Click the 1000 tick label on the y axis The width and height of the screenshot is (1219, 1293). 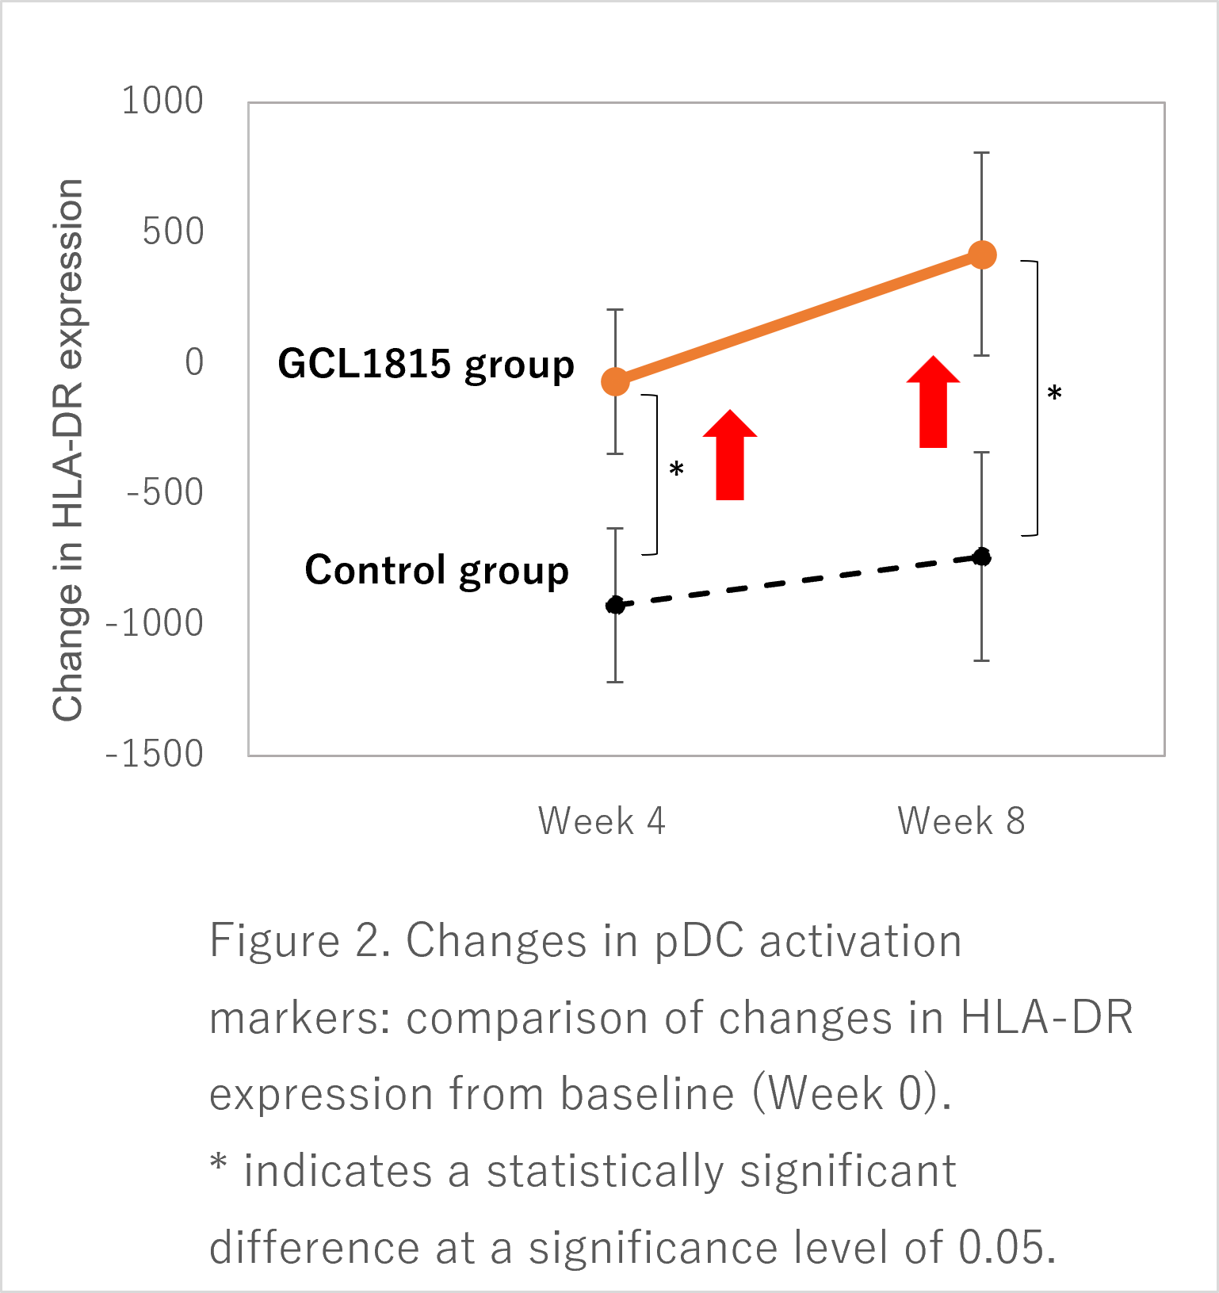(x=162, y=101)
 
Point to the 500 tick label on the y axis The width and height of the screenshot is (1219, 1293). (x=173, y=231)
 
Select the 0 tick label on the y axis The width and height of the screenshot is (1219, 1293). (x=194, y=362)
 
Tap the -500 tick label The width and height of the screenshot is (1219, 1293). (x=165, y=492)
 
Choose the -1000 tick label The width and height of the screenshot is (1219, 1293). (x=155, y=623)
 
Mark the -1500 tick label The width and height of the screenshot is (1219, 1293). (x=155, y=754)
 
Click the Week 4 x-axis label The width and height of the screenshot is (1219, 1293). (x=602, y=821)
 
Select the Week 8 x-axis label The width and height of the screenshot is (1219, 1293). (x=961, y=821)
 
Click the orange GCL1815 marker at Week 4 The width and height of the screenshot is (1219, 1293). (x=615, y=381)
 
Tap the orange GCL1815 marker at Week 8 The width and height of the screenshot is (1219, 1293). (x=982, y=255)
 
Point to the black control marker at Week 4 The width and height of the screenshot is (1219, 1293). (x=615, y=606)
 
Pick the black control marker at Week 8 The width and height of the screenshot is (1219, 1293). (x=982, y=557)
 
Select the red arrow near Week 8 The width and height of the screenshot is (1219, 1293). (x=933, y=403)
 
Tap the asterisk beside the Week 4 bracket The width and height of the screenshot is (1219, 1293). (x=676, y=469)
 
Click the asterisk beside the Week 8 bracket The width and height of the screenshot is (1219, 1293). (x=1054, y=392)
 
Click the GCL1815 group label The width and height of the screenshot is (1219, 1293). (x=426, y=365)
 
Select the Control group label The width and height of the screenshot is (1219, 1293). (x=437, y=571)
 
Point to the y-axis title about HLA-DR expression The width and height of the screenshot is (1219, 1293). (x=68, y=449)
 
